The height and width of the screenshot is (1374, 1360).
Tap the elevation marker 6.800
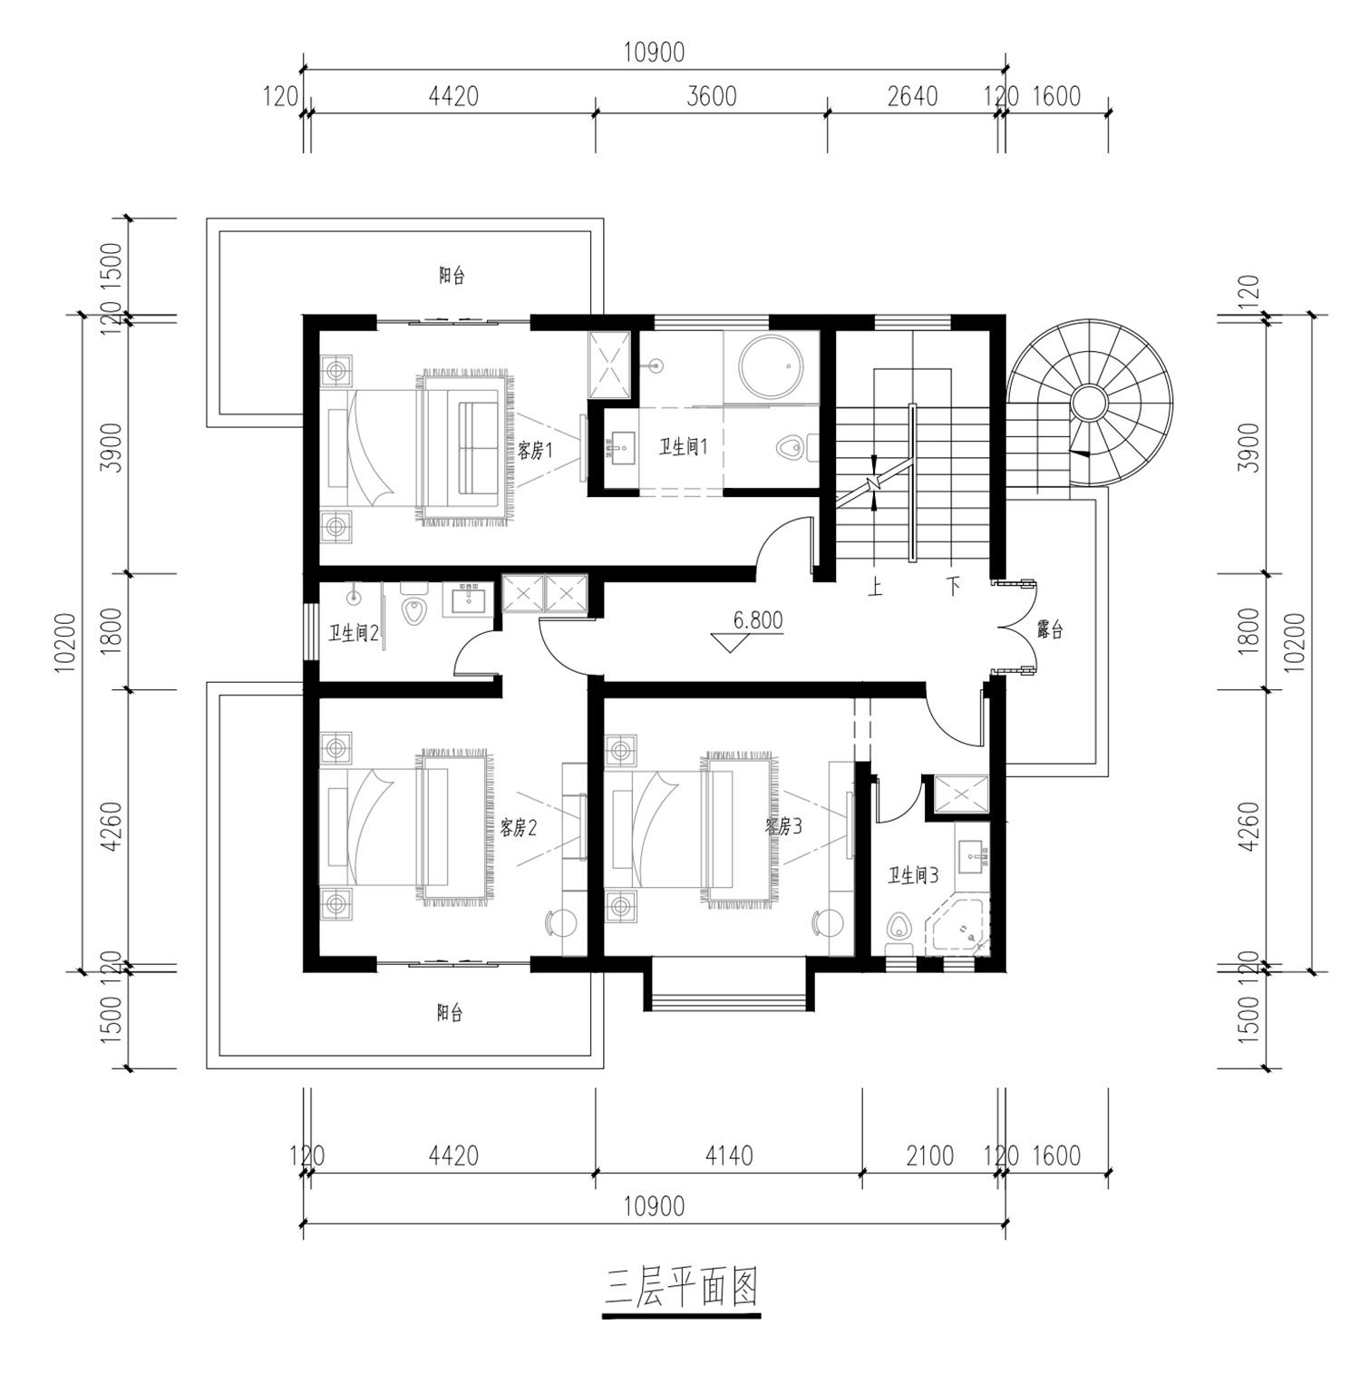tap(757, 620)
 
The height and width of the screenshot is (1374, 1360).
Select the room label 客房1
tap(535, 450)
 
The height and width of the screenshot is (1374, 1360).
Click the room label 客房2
tap(520, 827)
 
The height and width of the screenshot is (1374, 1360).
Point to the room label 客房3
tap(783, 826)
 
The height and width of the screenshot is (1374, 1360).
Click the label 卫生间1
tap(683, 446)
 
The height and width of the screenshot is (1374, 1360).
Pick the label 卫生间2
tap(354, 633)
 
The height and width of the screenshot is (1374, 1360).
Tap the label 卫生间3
tap(913, 875)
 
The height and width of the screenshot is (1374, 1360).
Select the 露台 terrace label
tap(1049, 629)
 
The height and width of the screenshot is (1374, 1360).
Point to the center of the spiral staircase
tap(1088, 401)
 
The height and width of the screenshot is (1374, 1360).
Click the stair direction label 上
tap(876, 587)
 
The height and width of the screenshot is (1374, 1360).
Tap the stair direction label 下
tap(953, 586)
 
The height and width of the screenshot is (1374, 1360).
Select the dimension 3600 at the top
tap(712, 96)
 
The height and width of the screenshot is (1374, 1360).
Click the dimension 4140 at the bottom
tap(729, 1156)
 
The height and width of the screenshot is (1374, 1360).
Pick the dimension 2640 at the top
tap(912, 96)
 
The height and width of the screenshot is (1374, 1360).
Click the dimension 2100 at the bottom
tap(930, 1156)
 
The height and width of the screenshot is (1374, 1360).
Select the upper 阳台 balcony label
tap(452, 275)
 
